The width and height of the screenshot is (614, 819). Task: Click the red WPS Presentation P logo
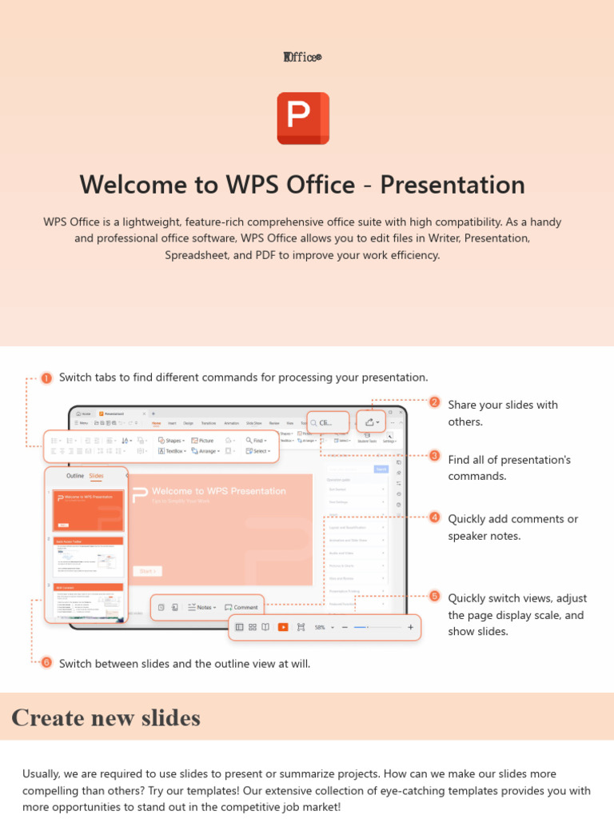pyautogui.click(x=303, y=118)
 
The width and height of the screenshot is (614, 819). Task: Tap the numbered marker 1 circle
pyautogui.click(x=46, y=378)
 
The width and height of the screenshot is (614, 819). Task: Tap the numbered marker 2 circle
pyautogui.click(x=434, y=402)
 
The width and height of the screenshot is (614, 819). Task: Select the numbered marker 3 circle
pyautogui.click(x=434, y=456)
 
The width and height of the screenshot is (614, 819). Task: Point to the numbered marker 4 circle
pyautogui.click(x=434, y=517)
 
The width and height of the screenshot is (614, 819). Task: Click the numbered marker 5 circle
pyautogui.click(x=434, y=596)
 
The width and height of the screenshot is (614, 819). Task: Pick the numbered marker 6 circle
pyautogui.click(x=46, y=662)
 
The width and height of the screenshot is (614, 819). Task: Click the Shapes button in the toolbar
pyautogui.click(x=171, y=441)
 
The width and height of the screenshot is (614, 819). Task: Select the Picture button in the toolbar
pyautogui.click(x=202, y=441)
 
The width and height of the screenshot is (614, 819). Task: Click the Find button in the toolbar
pyautogui.click(x=255, y=441)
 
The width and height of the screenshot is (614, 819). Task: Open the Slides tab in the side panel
pyautogui.click(x=96, y=476)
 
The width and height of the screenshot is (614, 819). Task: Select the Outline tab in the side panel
pyautogui.click(x=74, y=476)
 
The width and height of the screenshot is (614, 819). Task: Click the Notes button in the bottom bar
pyautogui.click(x=203, y=607)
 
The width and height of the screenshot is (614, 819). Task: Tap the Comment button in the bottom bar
pyautogui.click(x=241, y=607)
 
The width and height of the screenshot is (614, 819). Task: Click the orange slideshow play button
pyautogui.click(x=283, y=628)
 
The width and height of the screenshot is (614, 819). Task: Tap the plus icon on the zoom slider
pyautogui.click(x=410, y=628)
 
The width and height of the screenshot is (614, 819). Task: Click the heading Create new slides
pyautogui.click(x=106, y=717)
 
